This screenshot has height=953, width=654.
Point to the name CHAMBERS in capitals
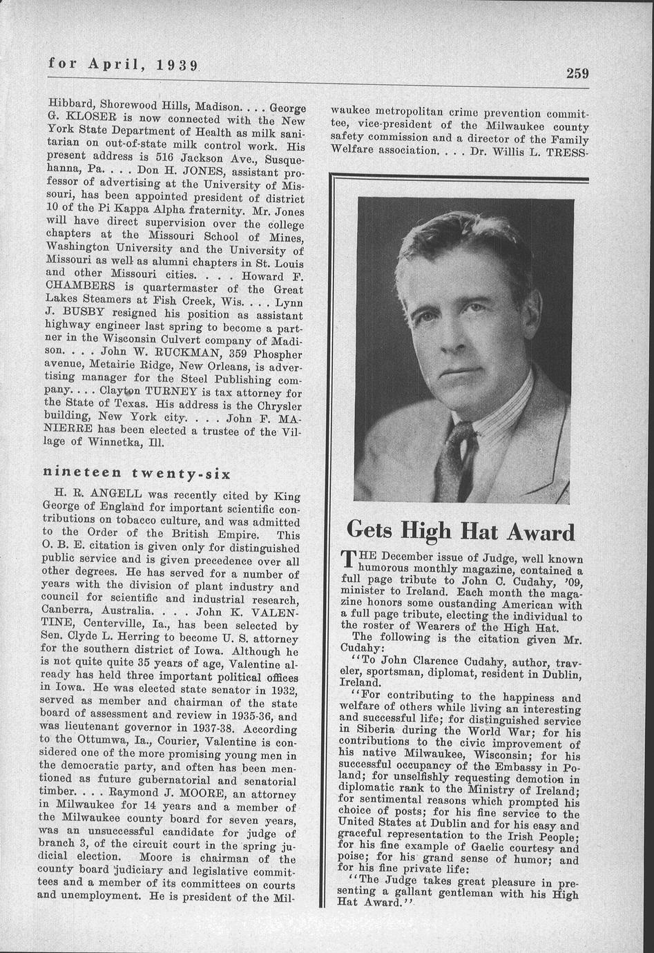[x=76, y=285]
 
